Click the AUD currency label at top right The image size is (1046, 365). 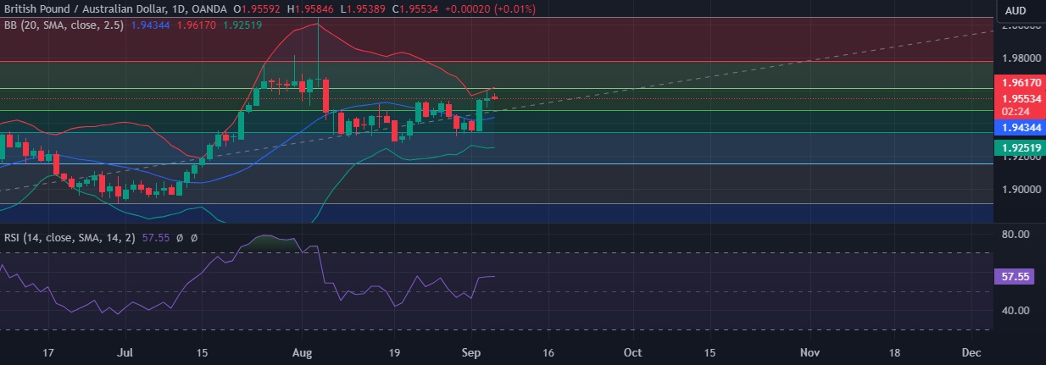[1015, 10]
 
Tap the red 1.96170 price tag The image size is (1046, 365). [1015, 85]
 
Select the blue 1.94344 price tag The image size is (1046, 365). [1015, 127]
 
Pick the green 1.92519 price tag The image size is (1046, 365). [1015, 147]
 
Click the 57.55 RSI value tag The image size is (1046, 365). [1014, 277]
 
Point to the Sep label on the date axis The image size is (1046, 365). [473, 351]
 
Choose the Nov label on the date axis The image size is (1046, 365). [811, 351]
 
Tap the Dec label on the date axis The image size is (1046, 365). [971, 351]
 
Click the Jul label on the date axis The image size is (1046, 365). [125, 351]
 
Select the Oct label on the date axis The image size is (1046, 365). [632, 351]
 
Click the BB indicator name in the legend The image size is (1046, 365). [11, 25]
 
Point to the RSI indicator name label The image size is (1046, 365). [12, 239]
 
